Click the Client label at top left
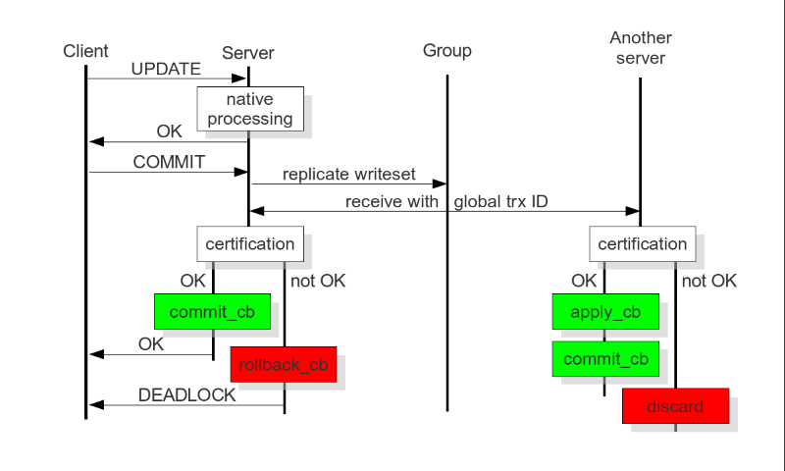coord(85,51)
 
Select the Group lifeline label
coord(446,51)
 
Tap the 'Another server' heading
coord(641,48)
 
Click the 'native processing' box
coord(249,109)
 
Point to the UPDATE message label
coord(166,69)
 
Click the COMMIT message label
coord(168,162)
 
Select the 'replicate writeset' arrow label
coord(348,175)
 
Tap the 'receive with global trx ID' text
coord(445,202)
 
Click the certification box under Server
coord(249,243)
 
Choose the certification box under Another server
coord(642,243)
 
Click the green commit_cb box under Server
coord(212,312)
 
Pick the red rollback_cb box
coord(283,364)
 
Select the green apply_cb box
coord(604,312)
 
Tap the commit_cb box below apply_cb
coord(604,358)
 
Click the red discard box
coord(675,405)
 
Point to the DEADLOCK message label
coord(186,395)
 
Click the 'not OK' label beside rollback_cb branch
coord(318,282)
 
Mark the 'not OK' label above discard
coord(708,282)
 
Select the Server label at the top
coord(248,53)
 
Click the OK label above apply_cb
coord(584,282)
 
